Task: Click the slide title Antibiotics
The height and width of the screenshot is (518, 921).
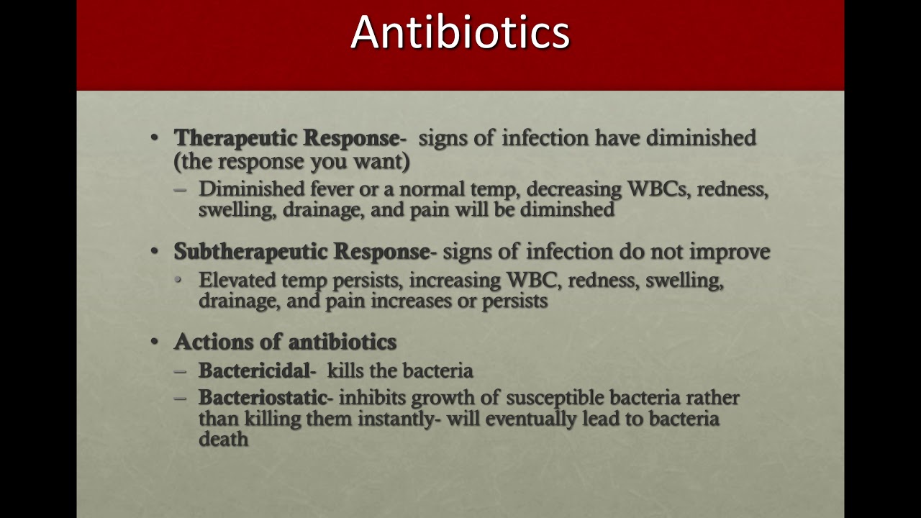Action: [460, 32]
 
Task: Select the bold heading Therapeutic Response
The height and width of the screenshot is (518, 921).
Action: [286, 137]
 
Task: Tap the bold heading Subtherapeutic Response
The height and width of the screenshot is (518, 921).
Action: [301, 251]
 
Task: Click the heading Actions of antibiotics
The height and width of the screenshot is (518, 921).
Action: [285, 341]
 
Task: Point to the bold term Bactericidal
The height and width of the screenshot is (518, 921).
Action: [254, 371]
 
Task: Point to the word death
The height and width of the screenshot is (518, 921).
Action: [223, 439]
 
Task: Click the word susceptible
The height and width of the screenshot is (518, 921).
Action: [555, 397]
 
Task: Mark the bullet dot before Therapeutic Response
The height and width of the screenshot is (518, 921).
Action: [155, 137]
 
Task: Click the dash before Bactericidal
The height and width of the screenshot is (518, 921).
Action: [181, 371]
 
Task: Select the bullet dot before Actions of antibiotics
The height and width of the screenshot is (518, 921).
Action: [155, 341]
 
